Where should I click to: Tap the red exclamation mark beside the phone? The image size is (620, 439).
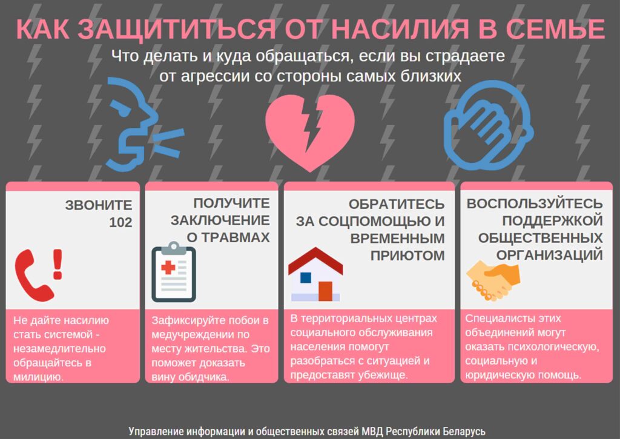click(x=58, y=264)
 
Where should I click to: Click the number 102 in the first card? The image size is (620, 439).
click(x=120, y=222)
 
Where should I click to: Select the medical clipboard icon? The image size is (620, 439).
click(x=174, y=272)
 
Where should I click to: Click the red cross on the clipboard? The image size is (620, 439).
click(x=168, y=268)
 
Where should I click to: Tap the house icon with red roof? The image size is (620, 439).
click(x=315, y=274)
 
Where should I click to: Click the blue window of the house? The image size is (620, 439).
click(x=306, y=278)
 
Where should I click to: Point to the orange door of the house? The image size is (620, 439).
click(x=325, y=291)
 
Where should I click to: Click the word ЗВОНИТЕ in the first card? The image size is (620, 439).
click(x=99, y=205)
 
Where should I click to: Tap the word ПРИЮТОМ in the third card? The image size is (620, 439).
click(x=407, y=256)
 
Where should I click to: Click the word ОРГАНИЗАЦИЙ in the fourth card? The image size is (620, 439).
click(x=550, y=255)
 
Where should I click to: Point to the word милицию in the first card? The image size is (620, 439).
click(x=38, y=377)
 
